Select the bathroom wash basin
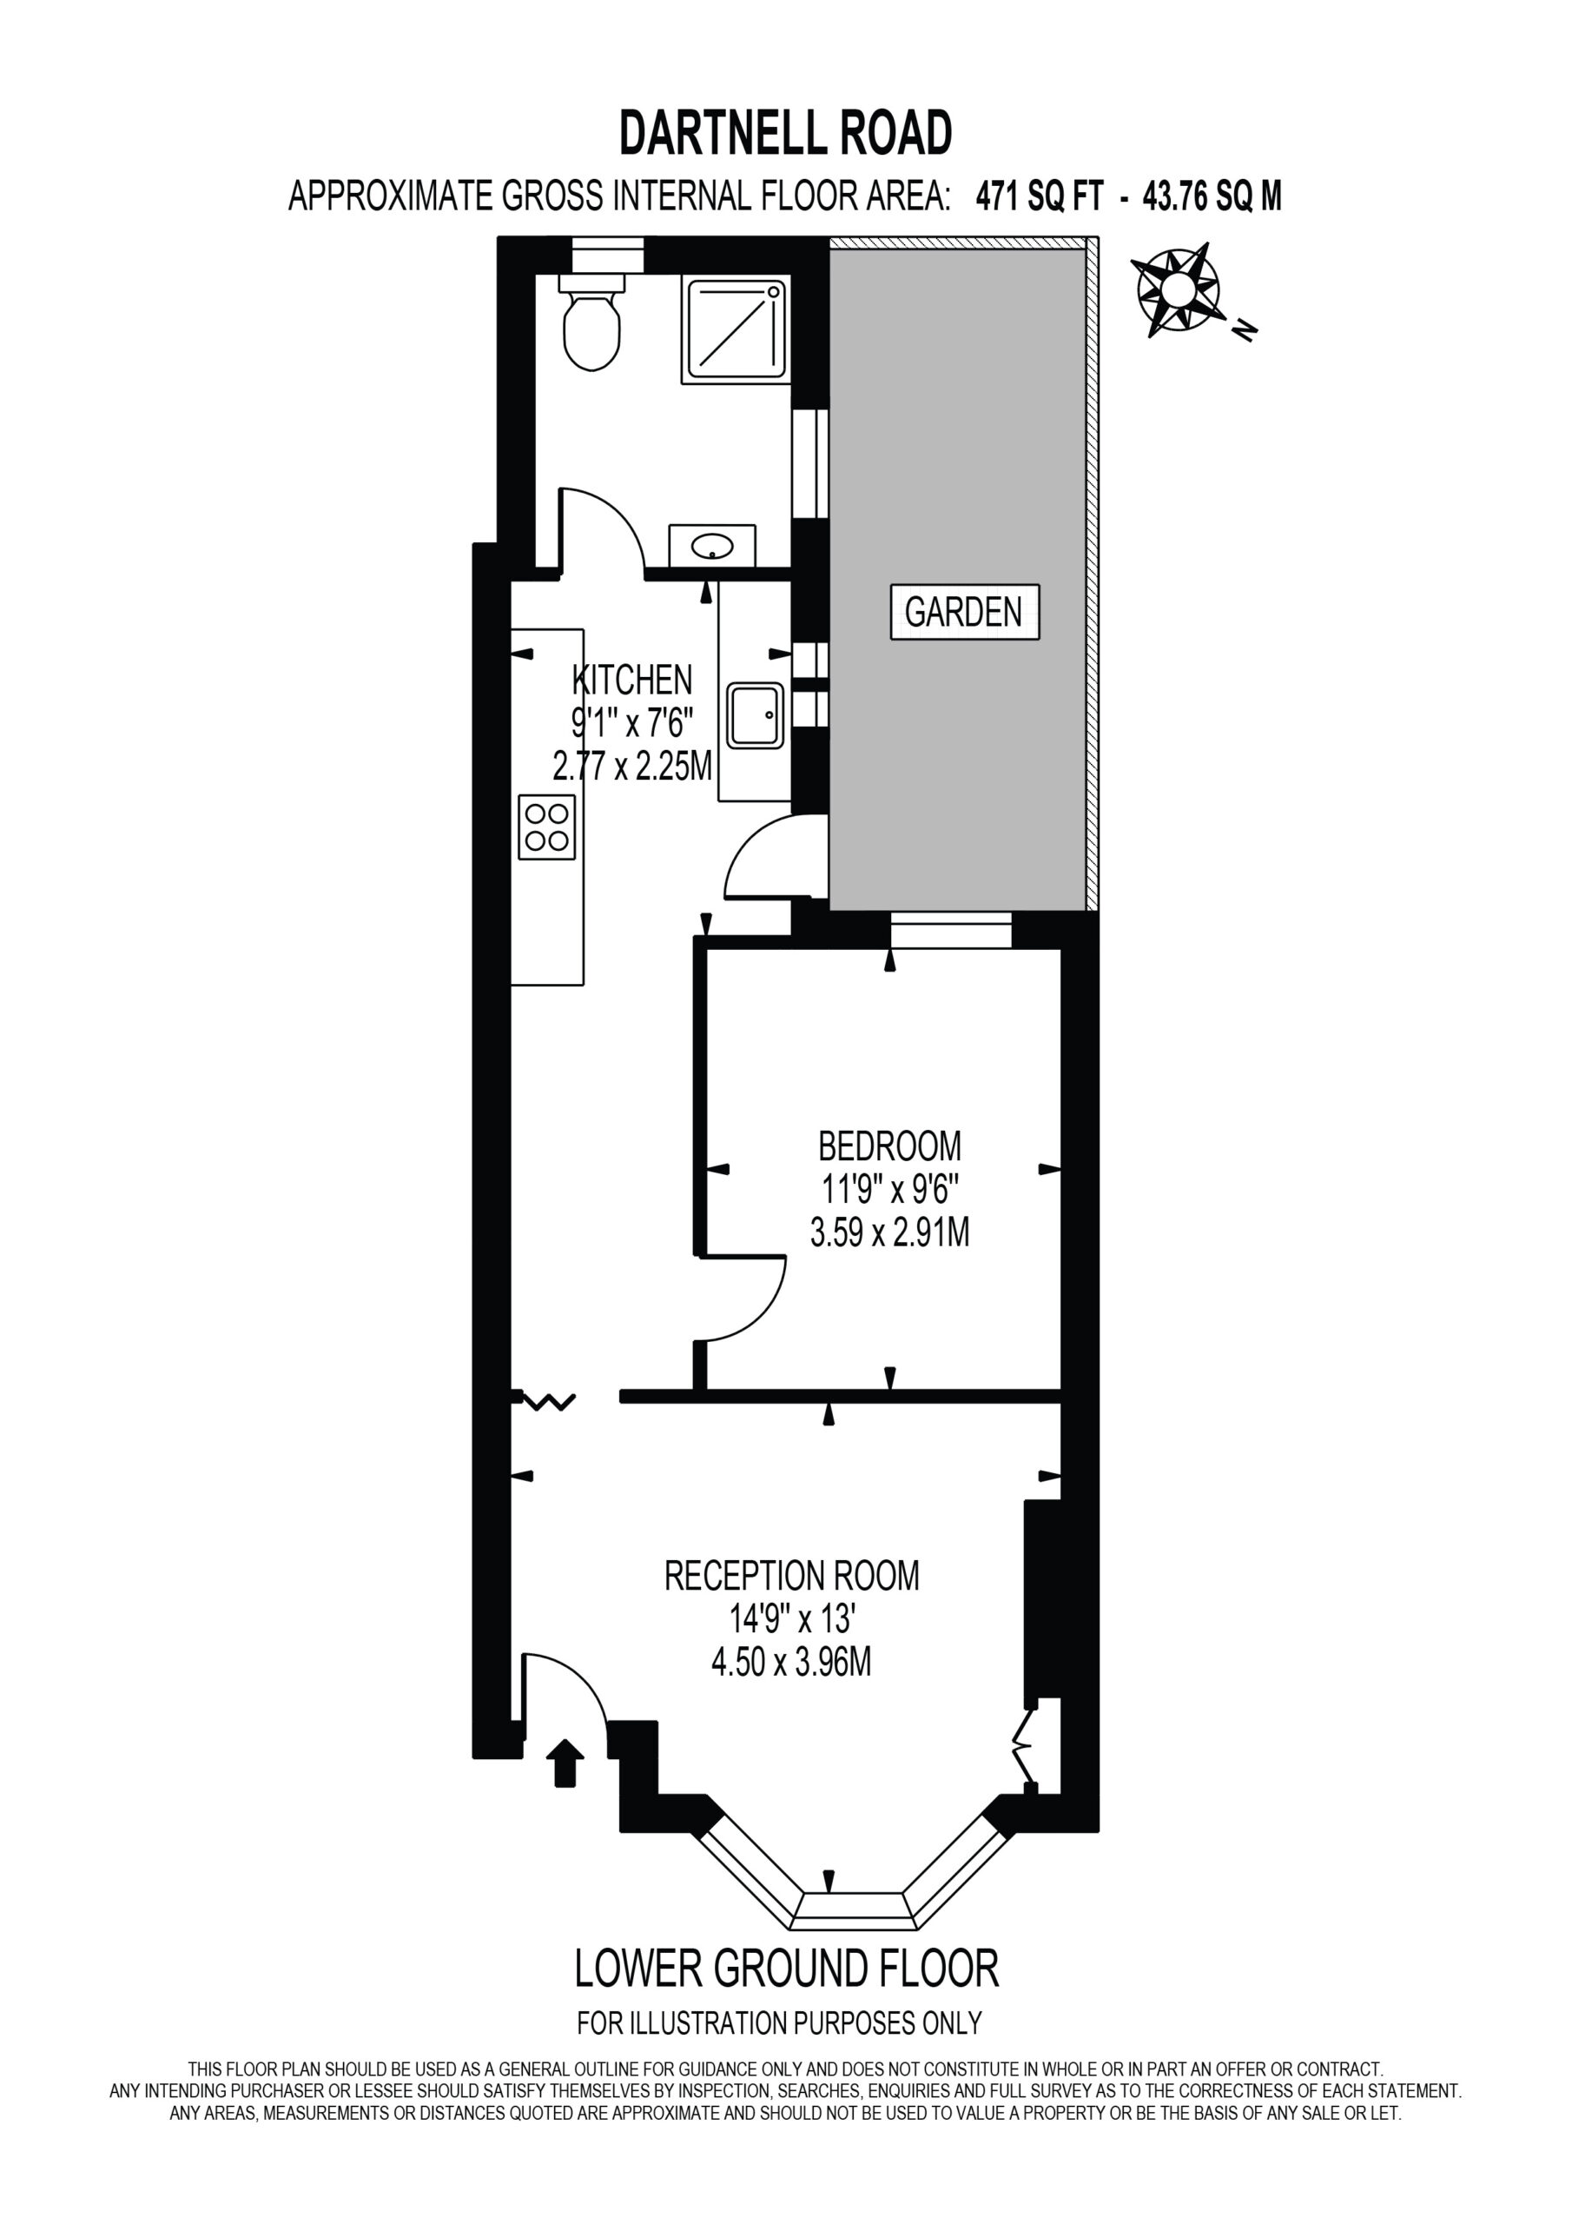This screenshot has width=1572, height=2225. pos(713,546)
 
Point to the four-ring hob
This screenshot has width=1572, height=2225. pos(547,827)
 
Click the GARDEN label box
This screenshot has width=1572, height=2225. pos(965,612)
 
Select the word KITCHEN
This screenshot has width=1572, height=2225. pos(632,680)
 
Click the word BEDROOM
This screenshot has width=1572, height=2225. pos(890,1146)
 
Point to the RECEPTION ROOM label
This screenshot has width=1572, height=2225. pos(791,1575)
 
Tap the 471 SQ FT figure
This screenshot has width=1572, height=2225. pos(1040,196)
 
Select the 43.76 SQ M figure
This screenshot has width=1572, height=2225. pos(1212,196)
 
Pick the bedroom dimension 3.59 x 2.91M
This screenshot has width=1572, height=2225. pos(890,1232)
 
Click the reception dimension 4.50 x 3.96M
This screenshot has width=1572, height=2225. pos(791,1663)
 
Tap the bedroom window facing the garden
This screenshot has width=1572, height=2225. pos(951,930)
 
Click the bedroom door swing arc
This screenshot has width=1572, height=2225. pos(765,1309)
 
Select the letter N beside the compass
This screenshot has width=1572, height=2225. pos(1245,330)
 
